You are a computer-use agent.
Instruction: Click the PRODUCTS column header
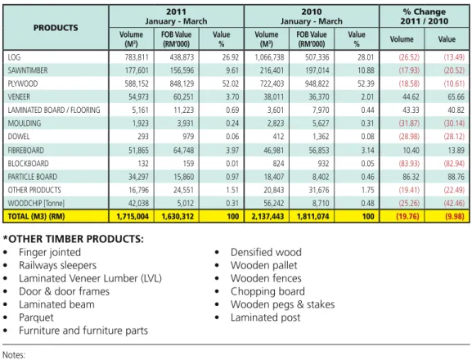[56, 28]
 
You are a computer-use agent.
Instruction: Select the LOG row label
[14, 57]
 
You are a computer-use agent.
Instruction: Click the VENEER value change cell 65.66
[456, 97]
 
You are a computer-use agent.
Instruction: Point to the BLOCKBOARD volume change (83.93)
[409, 164]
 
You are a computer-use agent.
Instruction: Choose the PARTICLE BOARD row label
[33, 177]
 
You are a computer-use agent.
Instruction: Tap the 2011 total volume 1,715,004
[133, 217]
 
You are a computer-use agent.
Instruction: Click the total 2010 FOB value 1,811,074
[313, 217]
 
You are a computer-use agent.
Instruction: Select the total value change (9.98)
[454, 217]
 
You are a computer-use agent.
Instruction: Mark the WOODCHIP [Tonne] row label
[36, 203]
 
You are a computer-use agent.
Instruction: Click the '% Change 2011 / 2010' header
[424, 16]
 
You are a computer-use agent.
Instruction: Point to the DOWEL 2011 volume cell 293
[143, 137]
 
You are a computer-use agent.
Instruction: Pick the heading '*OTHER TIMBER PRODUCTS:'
[74, 239]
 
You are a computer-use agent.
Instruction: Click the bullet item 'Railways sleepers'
[58, 265]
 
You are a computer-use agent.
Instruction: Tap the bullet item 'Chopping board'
[267, 291]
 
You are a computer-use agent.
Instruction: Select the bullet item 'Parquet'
[36, 317]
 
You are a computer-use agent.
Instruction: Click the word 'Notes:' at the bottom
[14, 355]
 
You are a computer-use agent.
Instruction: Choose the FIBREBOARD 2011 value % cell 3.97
[232, 150]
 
